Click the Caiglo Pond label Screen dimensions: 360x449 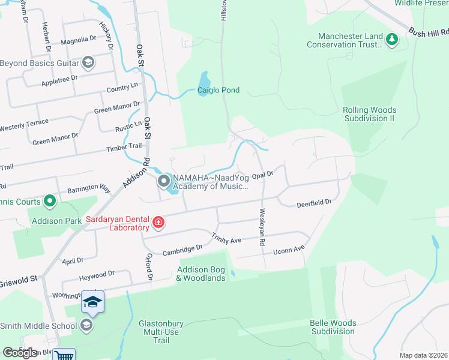coord(218,91)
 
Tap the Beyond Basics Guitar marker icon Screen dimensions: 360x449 coord(88,63)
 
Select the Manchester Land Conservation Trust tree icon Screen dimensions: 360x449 coord(391,40)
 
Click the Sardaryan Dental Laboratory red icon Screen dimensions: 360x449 coord(158,224)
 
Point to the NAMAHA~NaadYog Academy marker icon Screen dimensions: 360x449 coord(163,181)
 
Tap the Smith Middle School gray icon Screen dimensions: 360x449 coord(86,326)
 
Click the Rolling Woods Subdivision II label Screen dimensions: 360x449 coord(369,114)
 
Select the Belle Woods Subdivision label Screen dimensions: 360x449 coord(333,327)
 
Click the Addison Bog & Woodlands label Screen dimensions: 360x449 coord(200,274)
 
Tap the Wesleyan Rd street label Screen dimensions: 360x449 coord(262,227)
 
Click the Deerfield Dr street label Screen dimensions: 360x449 coord(314,204)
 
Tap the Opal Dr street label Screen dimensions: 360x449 coord(262,175)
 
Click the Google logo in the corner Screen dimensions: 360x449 coord(20,352)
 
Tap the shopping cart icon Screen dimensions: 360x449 coord(64,355)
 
